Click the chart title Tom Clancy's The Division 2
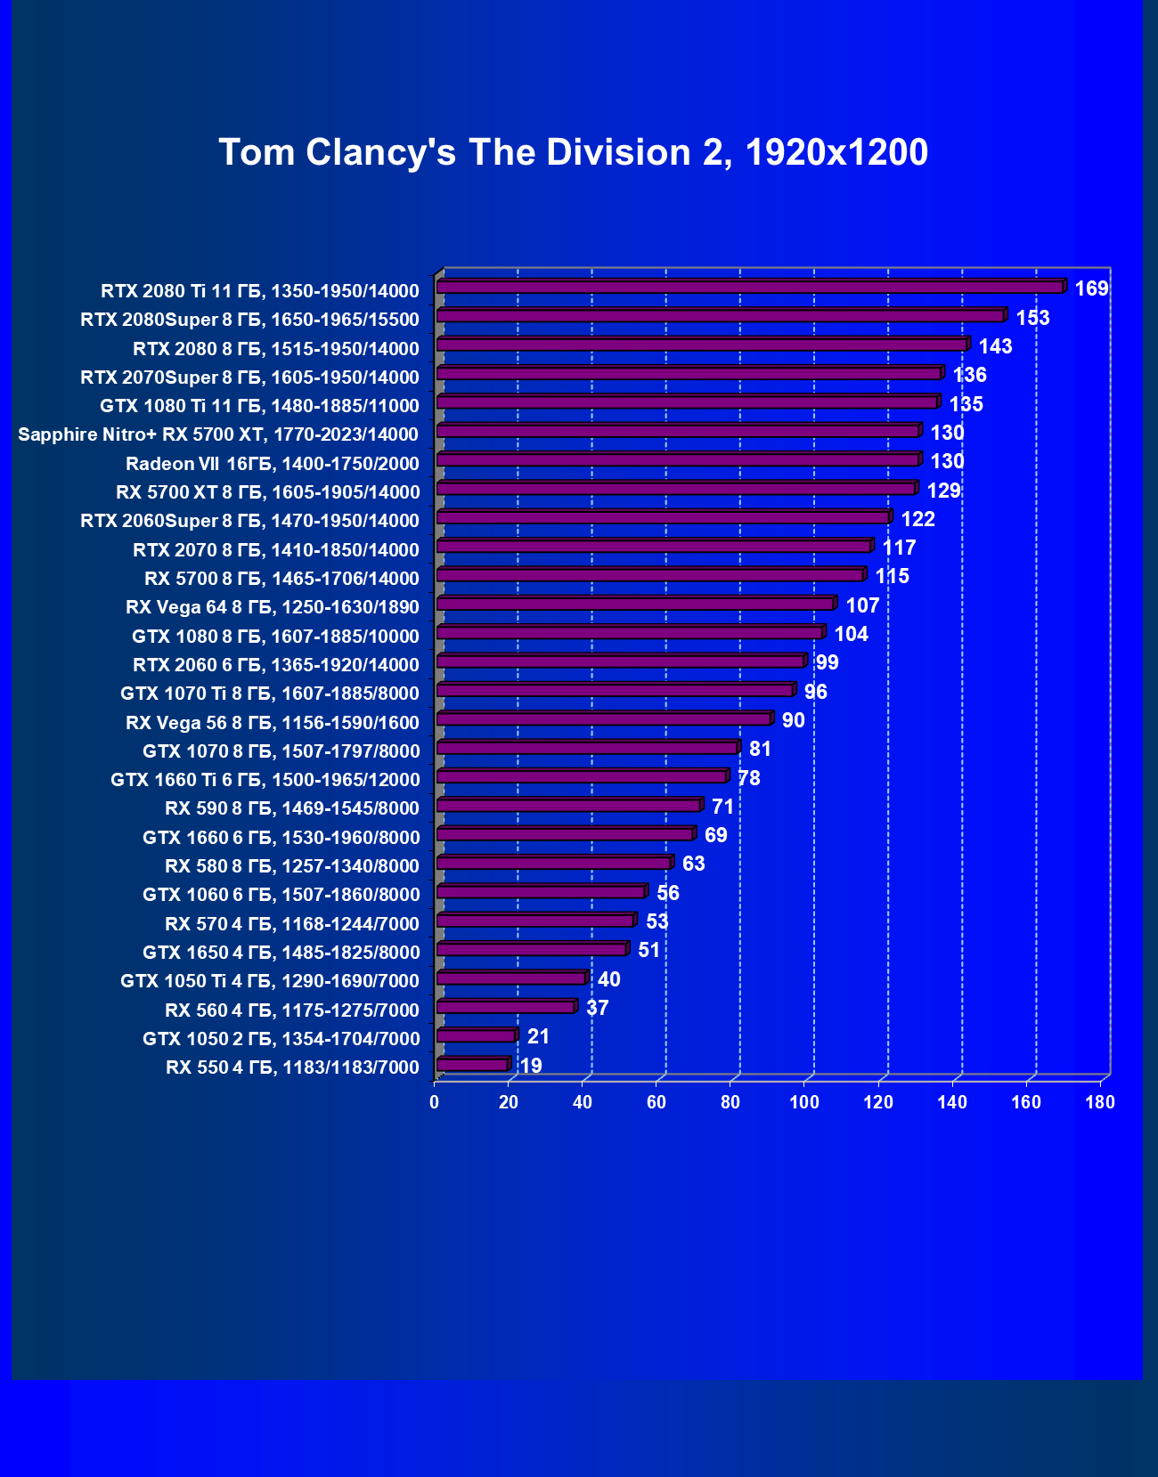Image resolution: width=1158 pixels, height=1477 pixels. [573, 152]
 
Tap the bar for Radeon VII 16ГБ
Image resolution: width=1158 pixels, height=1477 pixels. [677, 459]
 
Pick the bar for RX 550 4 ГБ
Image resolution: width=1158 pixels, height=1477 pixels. [472, 1065]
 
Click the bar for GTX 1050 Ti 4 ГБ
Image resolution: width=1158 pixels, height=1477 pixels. [511, 978]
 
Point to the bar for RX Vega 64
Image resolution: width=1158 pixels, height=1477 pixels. [635, 604]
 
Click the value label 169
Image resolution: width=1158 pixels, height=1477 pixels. [1091, 288]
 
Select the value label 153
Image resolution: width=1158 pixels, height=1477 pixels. [1032, 318]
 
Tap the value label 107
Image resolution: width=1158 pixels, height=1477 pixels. [862, 605]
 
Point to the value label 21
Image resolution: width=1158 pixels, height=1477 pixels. [538, 1036]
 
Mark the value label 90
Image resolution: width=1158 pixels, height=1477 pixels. [793, 720]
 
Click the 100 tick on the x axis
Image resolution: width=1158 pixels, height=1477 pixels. [804, 1102]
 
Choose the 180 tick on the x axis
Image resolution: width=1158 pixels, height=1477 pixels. [1100, 1102]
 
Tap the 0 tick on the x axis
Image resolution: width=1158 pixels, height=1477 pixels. [434, 1102]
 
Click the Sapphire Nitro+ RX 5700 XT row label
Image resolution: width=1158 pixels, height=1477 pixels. [218, 434]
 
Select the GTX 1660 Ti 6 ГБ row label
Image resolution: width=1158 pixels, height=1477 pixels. [265, 780]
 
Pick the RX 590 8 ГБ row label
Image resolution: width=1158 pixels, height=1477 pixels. [292, 808]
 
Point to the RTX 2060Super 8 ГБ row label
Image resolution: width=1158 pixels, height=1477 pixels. [249, 521]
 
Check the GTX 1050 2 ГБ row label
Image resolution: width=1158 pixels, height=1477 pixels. [281, 1038]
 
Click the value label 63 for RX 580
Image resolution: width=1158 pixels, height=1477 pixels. [693, 864]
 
